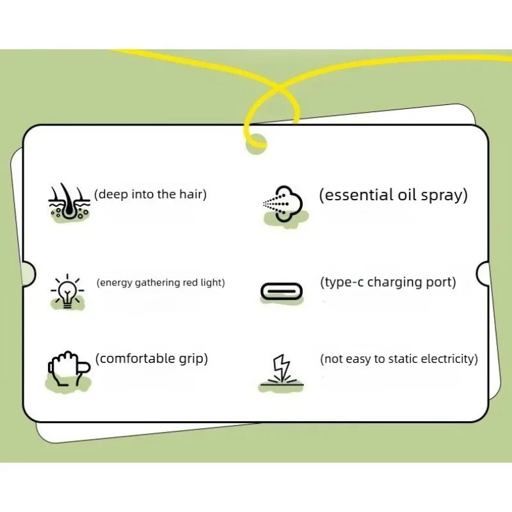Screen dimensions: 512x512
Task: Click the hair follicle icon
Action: click(x=69, y=202)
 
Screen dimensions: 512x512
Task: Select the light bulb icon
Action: click(x=67, y=291)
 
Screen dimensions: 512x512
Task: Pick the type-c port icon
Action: click(x=282, y=291)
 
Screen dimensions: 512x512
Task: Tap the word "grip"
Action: click(x=191, y=359)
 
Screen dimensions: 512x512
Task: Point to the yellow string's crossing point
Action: click(x=278, y=87)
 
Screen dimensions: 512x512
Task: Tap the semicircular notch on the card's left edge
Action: click(x=28, y=274)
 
